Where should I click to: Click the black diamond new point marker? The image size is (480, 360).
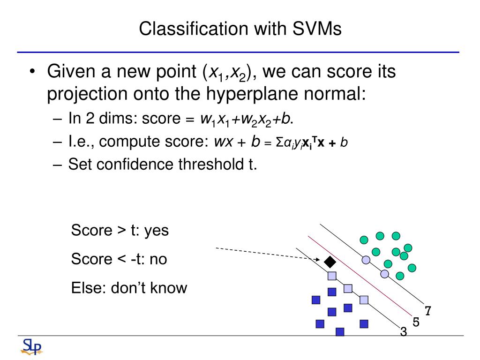click(x=330, y=261)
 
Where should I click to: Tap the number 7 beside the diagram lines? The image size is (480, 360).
click(x=427, y=311)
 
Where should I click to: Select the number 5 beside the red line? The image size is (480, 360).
click(x=416, y=322)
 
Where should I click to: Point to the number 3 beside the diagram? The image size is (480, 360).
click(x=404, y=332)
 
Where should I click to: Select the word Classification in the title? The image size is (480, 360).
click(x=194, y=30)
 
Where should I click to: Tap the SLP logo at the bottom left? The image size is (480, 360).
click(x=31, y=346)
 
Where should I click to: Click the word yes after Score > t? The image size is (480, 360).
click(x=156, y=231)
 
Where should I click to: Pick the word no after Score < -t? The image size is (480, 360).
click(x=158, y=259)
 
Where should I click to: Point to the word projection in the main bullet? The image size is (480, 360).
click(x=89, y=94)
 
